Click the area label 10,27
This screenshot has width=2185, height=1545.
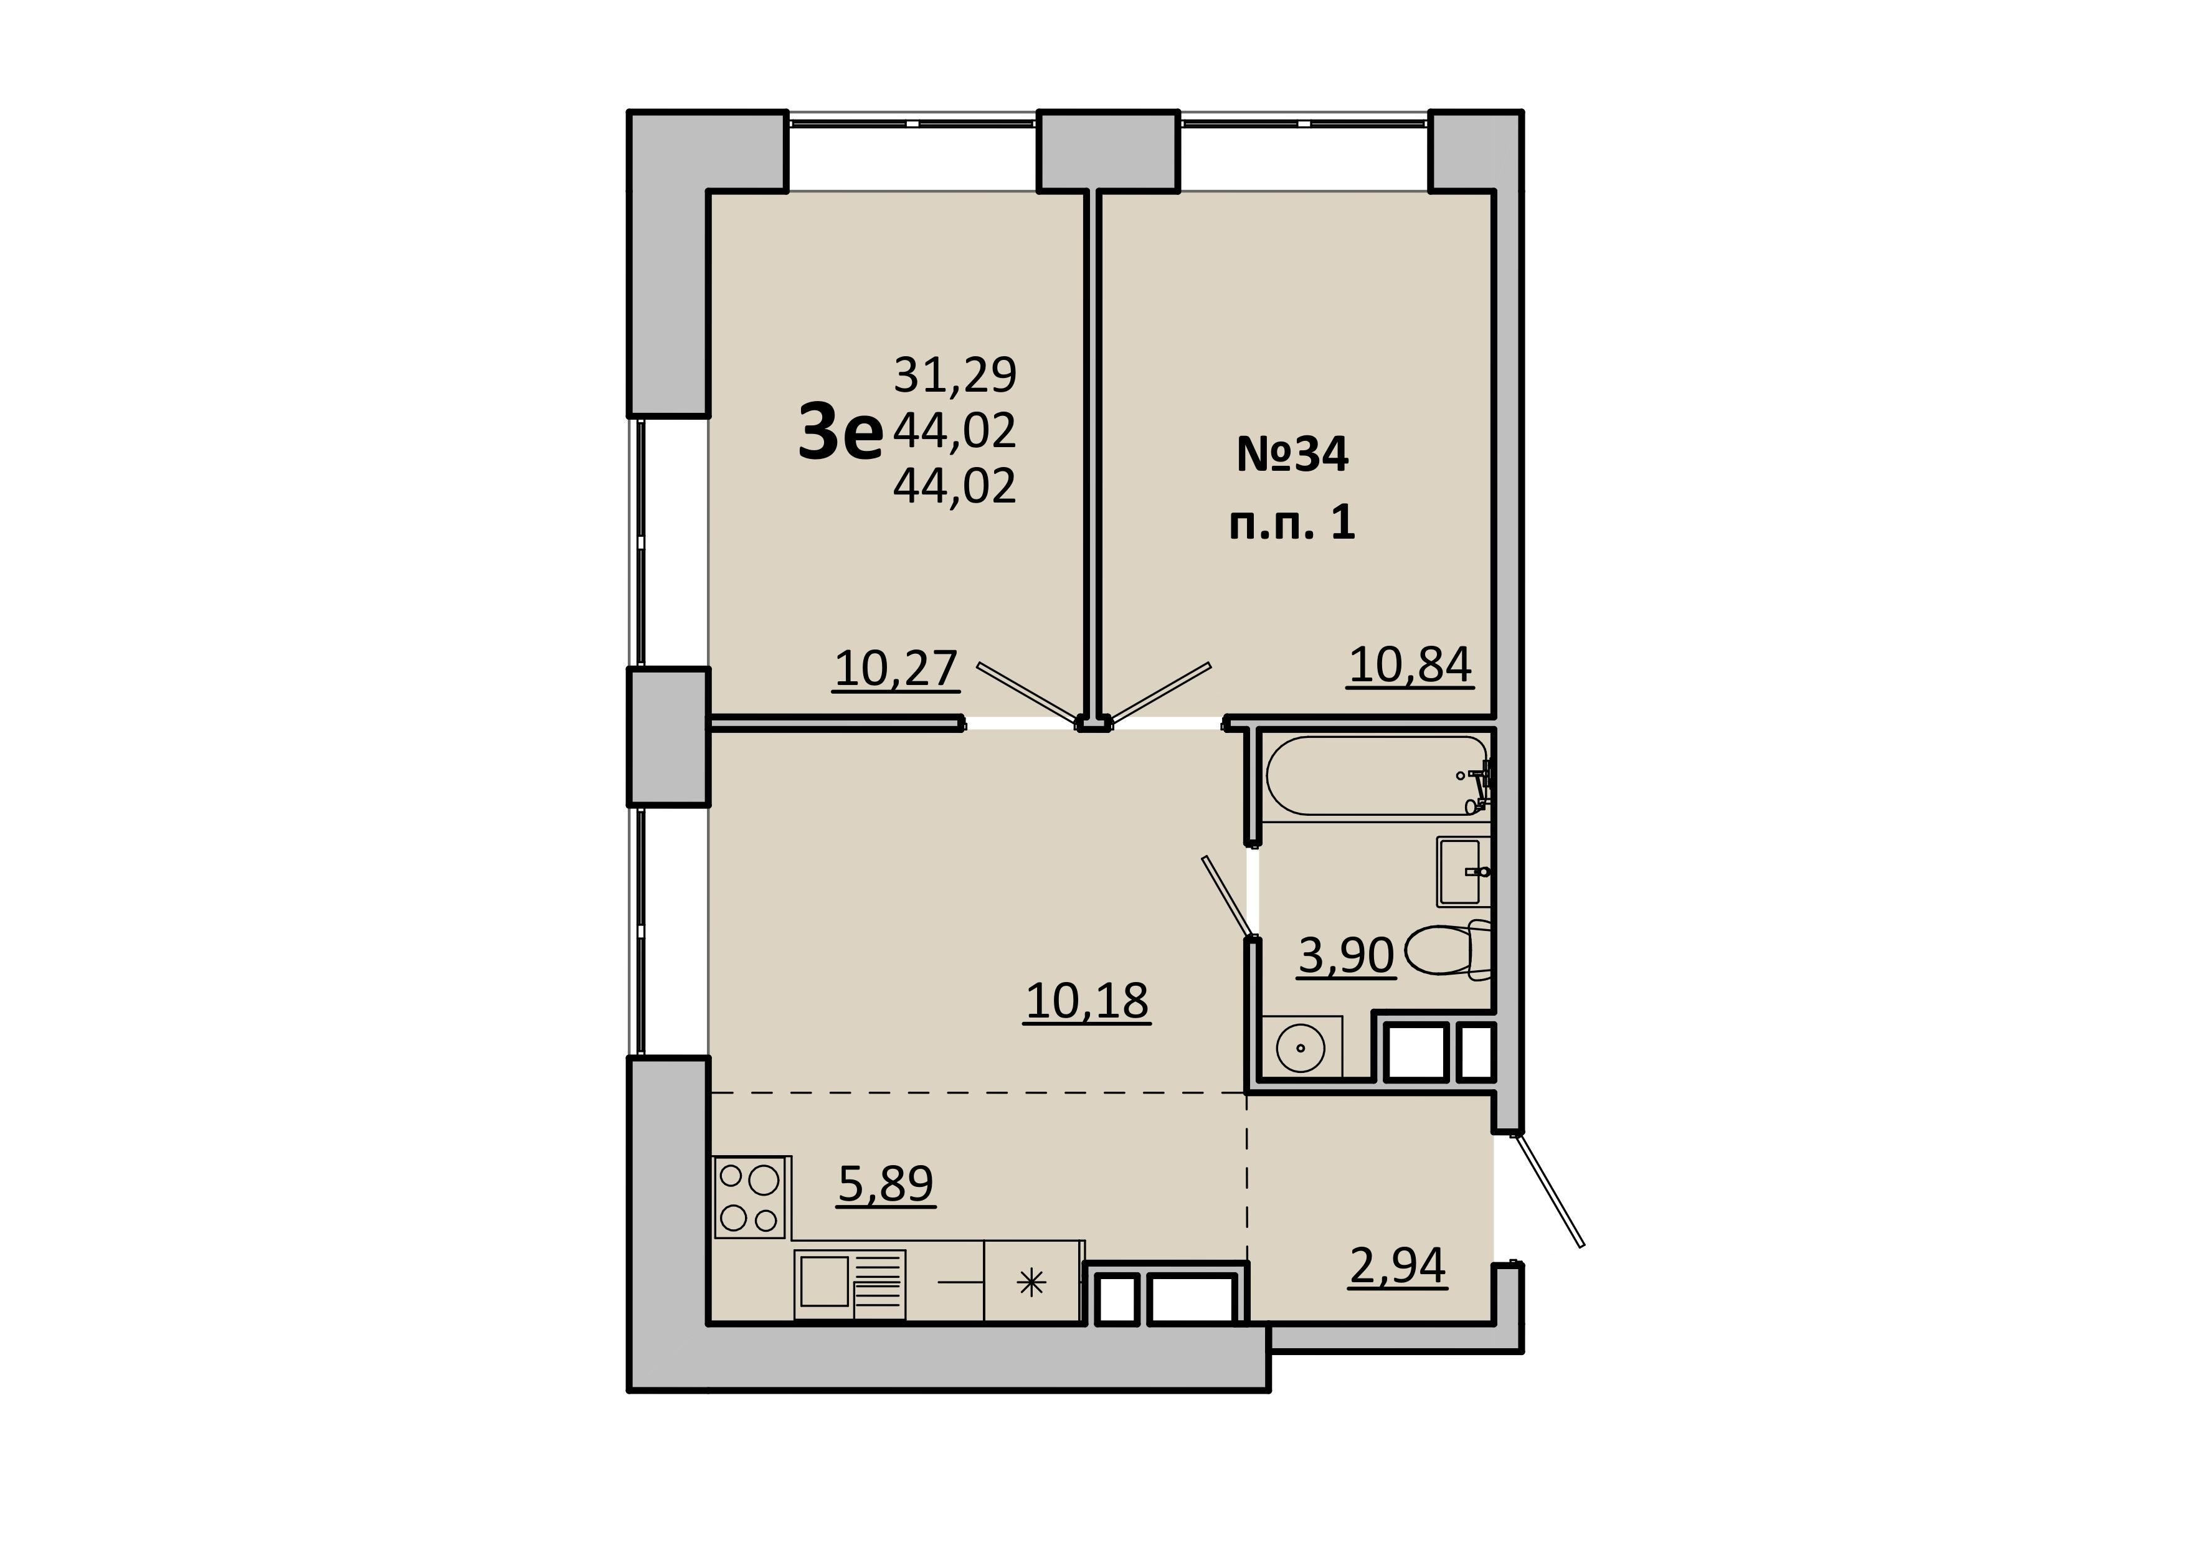[896, 669]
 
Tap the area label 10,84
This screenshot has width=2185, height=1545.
[1410, 665]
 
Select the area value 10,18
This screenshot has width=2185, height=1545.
[1087, 1001]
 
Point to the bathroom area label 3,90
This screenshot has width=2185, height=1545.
[1347, 956]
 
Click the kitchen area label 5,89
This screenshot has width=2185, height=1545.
[886, 1184]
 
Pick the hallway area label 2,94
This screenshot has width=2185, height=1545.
[1398, 1266]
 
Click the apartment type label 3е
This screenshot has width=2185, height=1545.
[841, 433]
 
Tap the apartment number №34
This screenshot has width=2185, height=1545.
[1292, 455]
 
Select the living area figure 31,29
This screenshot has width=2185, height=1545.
[955, 375]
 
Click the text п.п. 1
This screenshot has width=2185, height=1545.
[1292, 522]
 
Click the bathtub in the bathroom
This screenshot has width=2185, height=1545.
[1377, 775]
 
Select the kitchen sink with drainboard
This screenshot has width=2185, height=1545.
[850, 1283]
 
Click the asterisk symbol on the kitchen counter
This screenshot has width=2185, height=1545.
[1031, 1283]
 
